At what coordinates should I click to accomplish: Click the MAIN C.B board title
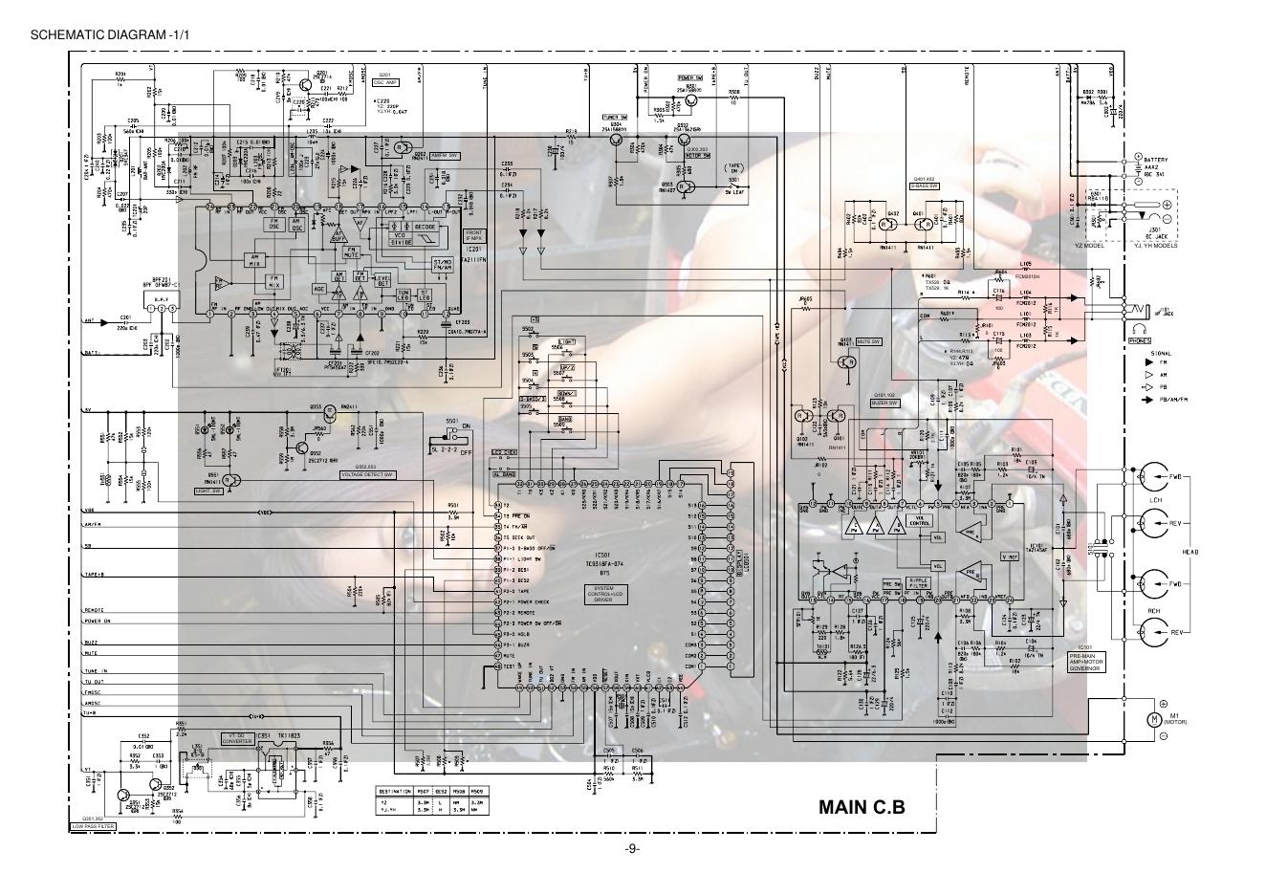861,807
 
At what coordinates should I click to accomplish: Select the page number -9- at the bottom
632,849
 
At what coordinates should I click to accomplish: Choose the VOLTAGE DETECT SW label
368,474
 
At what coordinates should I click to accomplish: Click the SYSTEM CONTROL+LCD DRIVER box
604,594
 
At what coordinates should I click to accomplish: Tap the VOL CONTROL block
919,522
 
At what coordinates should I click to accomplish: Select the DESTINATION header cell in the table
395,791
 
